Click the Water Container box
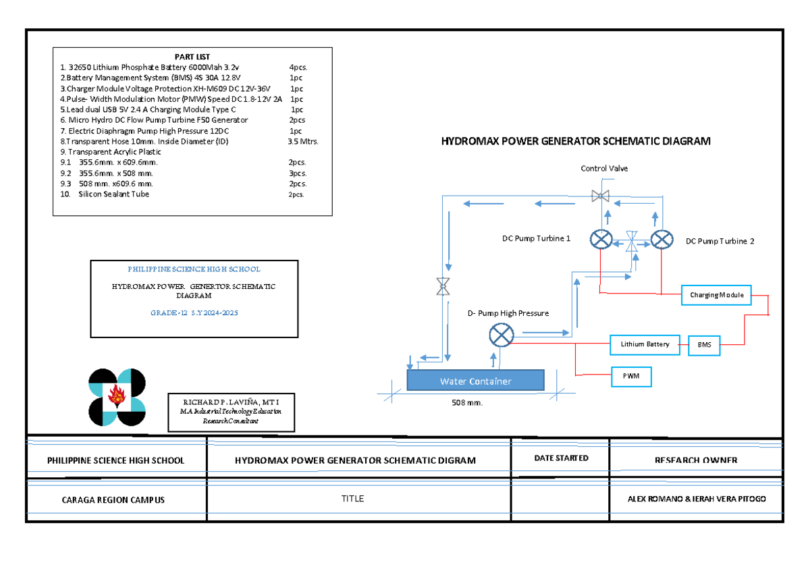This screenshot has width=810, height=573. pyautogui.click(x=475, y=381)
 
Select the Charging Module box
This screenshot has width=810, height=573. pyautogui.click(x=716, y=296)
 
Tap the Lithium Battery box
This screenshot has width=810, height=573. pyautogui.click(x=645, y=344)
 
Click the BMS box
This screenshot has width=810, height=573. pyautogui.click(x=703, y=345)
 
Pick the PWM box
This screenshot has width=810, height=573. pyautogui.click(x=631, y=376)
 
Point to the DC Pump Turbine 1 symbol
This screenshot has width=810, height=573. pyautogui.click(x=600, y=240)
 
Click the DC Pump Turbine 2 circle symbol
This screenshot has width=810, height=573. pyautogui.click(x=663, y=240)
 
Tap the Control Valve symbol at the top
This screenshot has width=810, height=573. pyautogui.click(x=599, y=196)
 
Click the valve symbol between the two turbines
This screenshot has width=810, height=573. pyautogui.click(x=632, y=241)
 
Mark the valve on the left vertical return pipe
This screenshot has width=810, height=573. pyautogui.click(x=443, y=287)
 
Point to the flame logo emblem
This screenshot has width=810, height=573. pyautogui.click(x=117, y=398)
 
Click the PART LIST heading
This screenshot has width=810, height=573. pyautogui.click(x=192, y=57)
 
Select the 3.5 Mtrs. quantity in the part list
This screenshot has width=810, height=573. pyautogui.click(x=302, y=142)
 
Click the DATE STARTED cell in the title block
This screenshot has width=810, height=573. pyautogui.click(x=561, y=458)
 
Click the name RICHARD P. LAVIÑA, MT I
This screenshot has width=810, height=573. pyautogui.click(x=231, y=402)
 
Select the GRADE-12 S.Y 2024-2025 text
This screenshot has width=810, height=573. pyautogui.click(x=194, y=313)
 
